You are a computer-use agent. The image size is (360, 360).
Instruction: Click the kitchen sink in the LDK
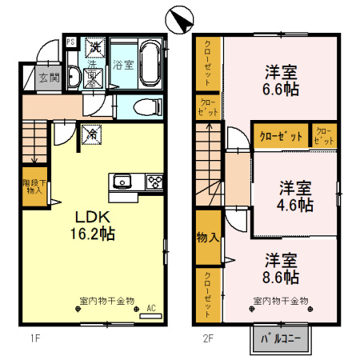point(122,181)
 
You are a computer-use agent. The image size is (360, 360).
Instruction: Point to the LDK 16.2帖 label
point(94,226)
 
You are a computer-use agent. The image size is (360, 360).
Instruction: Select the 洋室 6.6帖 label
point(282,81)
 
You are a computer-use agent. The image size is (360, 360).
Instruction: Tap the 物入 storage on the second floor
point(207,237)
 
